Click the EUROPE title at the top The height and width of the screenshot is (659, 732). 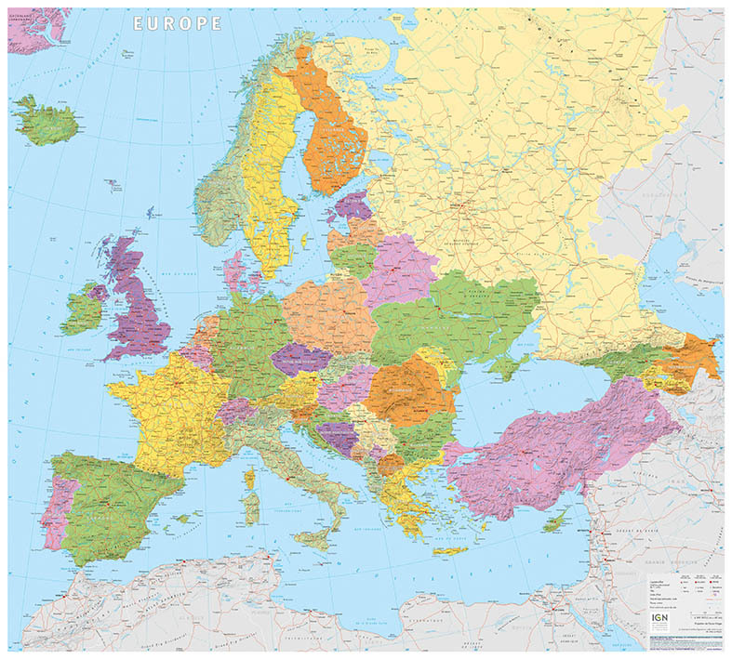(x=178, y=22)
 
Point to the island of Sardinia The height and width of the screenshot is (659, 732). (x=250, y=506)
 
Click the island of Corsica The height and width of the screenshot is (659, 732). (x=249, y=479)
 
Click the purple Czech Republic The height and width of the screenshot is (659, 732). (x=302, y=358)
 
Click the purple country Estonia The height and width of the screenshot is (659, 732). (x=354, y=205)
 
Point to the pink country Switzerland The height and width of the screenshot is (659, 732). (x=236, y=410)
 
